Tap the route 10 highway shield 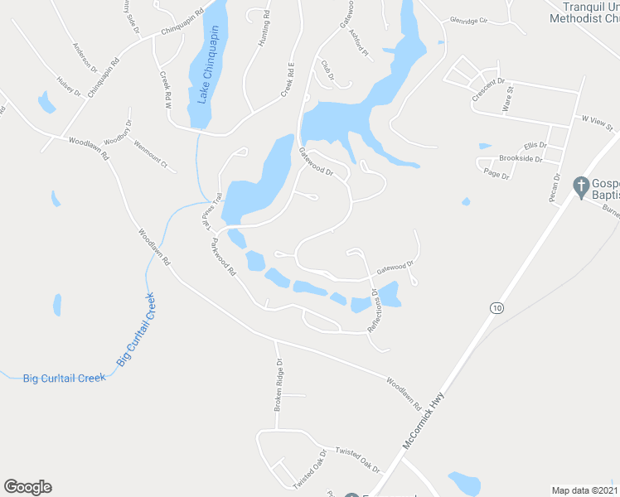pos(496,308)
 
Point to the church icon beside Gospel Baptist pos(581,185)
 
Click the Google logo pos(27,487)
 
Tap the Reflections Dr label pos(374,311)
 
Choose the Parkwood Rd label pos(224,256)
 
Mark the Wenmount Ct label pos(151,154)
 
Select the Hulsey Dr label pos(69,87)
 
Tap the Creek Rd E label pos(287,79)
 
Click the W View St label pos(596,123)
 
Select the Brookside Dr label pos(520,157)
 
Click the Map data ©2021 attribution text pos(584,490)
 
